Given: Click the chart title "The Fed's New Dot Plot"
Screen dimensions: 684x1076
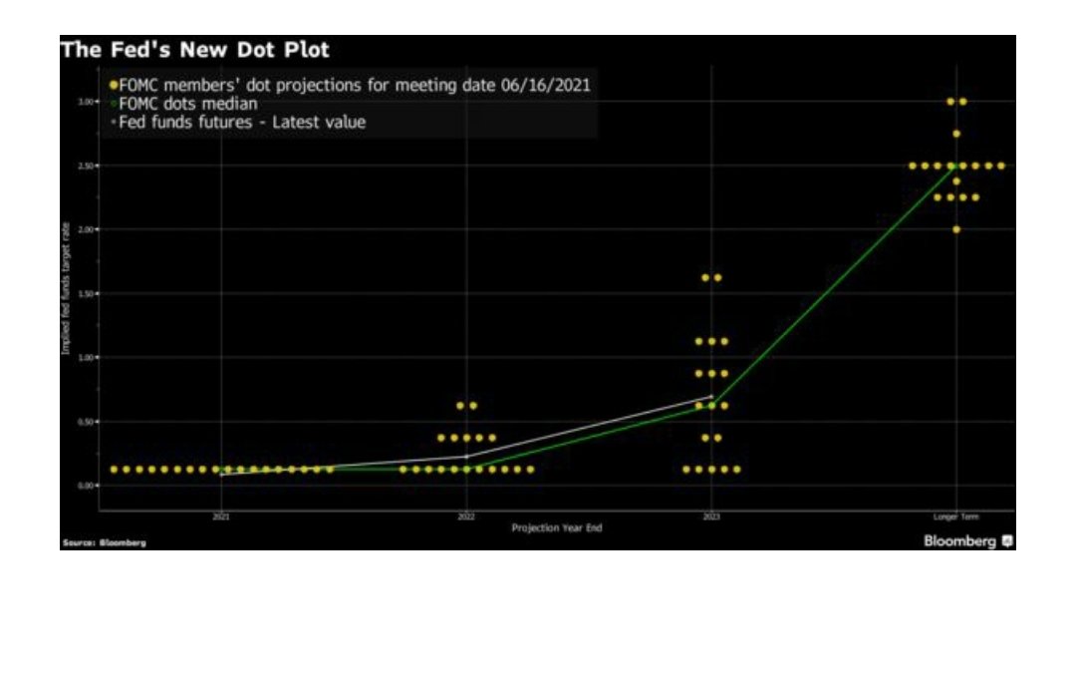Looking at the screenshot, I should point(194,49).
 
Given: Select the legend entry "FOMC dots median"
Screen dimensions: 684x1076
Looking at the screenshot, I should point(184,104).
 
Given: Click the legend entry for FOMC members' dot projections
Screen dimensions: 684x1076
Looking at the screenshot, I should point(354,85).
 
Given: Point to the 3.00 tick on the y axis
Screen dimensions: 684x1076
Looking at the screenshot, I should point(87,102).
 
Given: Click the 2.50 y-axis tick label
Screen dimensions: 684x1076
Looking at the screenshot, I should point(87,166).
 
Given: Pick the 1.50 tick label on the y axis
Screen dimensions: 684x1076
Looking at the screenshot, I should point(87,293).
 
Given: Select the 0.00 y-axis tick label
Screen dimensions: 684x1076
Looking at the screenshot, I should point(87,485).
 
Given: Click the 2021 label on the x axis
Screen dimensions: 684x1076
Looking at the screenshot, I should point(221,516).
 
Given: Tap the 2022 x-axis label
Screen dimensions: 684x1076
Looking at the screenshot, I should point(466,516).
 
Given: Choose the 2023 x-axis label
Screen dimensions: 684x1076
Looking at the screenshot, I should point(711,516).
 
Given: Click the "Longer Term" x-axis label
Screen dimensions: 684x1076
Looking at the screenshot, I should point(956,516).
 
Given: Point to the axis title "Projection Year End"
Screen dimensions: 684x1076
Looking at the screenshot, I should point(556,527).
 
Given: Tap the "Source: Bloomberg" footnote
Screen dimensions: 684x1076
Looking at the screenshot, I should point(104,542).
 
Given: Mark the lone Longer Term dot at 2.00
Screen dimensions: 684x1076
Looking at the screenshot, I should point(956,229).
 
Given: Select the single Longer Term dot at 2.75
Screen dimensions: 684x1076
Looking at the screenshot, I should point(956,134).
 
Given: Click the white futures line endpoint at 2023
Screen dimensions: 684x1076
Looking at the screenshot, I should point(711,397).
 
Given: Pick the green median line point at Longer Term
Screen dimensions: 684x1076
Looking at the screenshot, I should point(956,167).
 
